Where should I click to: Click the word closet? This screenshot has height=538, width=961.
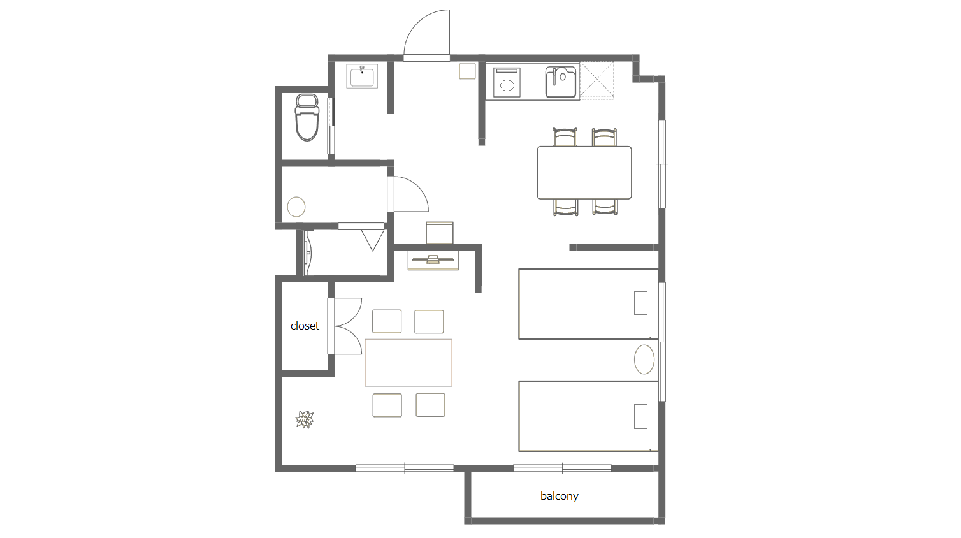click(x=305, y=326)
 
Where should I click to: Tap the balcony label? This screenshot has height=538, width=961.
click(x=559, y=497)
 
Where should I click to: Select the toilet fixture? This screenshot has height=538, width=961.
click(x=307, y=117)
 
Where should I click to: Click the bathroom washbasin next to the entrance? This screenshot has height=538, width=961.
click(x=362, y=76)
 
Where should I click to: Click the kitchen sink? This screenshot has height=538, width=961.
click(x=561, y=82)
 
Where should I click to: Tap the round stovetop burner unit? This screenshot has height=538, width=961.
click(x=507, y=82)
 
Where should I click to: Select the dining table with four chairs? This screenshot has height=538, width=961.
click(x=584, y=173)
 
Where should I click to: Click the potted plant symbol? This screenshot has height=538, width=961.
click(x=305, y=419)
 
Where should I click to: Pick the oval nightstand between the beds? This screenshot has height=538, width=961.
click(x=644, y=360)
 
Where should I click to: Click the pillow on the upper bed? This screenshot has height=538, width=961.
click(x=640, y=303)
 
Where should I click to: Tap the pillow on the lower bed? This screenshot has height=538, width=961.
click(x=640, y=416)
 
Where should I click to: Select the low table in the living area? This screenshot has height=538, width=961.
click(x=408, y=363)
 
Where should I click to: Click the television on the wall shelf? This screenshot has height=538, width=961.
click(x=433, y=259)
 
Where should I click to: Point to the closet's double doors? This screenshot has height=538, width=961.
click(x=345, y=326)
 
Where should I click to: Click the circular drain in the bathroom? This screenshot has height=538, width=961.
click(x=296, y=207)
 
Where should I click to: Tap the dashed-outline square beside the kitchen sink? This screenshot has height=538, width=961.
click(x=596, y=81)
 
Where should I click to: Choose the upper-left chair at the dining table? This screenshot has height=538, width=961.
click(x=565, y=137)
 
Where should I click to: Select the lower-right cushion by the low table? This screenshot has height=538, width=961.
click(x=430, y=405)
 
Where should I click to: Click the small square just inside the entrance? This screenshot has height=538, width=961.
click(x=467, y=71)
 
